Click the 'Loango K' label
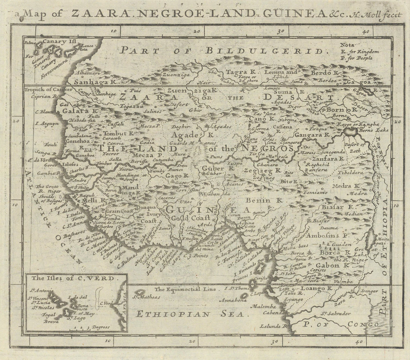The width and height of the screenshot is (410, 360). (317, 289)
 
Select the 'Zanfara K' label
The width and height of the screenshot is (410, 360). (328, 158)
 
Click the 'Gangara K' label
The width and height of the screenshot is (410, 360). (312, 134)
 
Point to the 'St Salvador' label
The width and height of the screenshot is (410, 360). (335, 313)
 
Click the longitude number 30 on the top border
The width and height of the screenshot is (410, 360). (281, 31)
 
